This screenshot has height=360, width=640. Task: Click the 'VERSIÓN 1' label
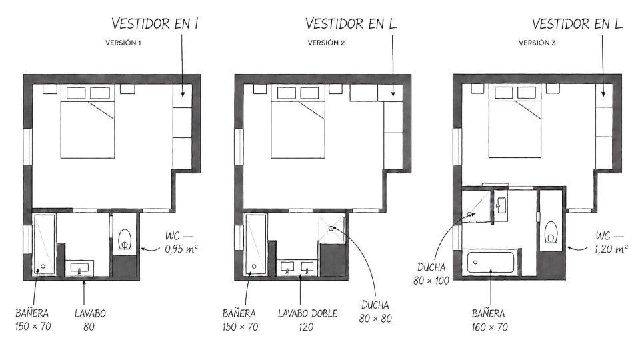(x=123, y=43)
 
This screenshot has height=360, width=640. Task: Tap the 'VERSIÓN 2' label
(x=326, y=43)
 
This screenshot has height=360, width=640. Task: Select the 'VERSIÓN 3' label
(x=537, y=43)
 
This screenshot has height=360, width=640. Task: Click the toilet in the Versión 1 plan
(x=125, y=239)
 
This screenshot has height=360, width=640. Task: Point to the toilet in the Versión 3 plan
(x=551, y=233)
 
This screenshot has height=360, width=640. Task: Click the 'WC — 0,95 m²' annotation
(x=181, y=243)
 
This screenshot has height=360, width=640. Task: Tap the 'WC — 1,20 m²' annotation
(x=611, y=243)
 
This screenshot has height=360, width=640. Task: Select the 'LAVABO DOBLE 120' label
(x=308, y=320)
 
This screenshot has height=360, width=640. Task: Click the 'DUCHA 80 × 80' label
(x=375, y=311)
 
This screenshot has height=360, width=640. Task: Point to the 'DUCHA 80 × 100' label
(x=431, y=274)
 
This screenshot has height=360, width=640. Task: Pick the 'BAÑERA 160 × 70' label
(x=489, y=320)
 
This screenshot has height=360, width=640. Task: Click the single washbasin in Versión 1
(x=79, y=268)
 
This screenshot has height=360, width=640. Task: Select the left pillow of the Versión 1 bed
(x=76, y=93)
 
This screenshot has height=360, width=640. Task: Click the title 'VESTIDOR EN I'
(x=155, y=24)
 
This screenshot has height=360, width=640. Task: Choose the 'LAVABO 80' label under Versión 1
(x=90, y=320)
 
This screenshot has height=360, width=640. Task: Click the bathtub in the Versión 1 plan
(x=44, y=244)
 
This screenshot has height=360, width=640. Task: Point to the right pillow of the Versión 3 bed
(x=527, y=92)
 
